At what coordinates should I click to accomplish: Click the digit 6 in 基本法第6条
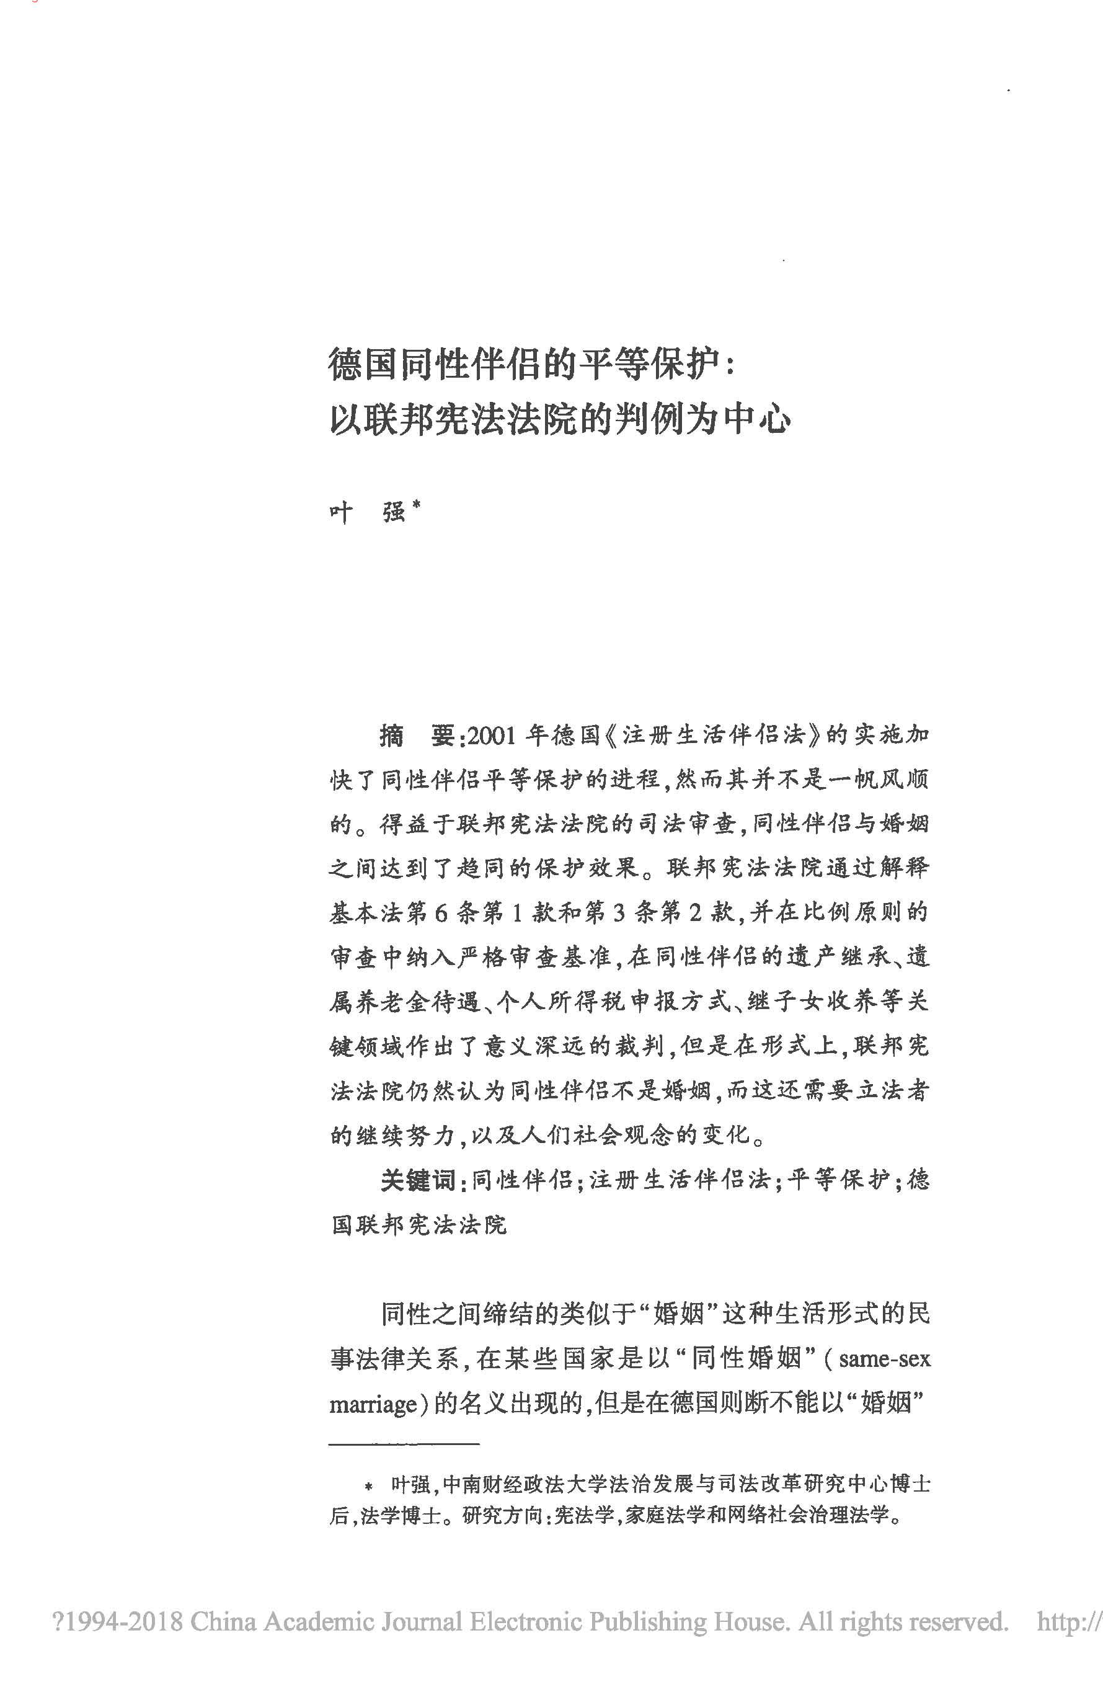[441, 913]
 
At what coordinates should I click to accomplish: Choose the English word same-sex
[884, 1358]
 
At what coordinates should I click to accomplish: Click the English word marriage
[373, 1404]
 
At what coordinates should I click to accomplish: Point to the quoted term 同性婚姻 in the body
[745, 1358]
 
